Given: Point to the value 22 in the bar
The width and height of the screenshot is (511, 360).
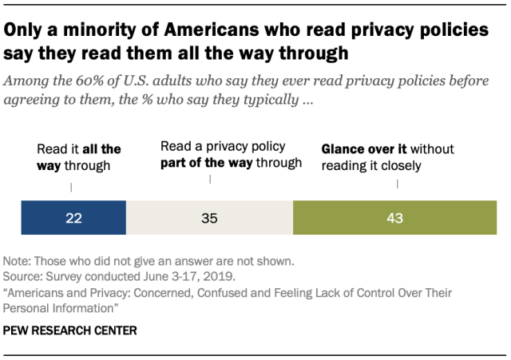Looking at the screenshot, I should point(73,217).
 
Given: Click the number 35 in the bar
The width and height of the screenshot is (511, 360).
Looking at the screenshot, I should point(209,217).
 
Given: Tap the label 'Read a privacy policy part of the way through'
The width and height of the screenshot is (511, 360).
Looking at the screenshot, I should point(231,155).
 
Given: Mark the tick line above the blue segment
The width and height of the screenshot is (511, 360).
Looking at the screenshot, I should point(73,188).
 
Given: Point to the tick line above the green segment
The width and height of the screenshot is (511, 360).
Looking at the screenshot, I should point(397,185).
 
